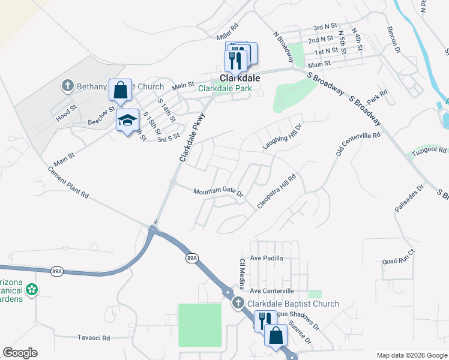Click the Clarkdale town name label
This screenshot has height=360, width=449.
tap(240, 78)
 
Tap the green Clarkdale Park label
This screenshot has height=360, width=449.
tap(225, 88)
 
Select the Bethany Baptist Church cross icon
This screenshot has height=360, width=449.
tap(68, 86)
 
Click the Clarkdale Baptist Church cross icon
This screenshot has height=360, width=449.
tap(238, 304)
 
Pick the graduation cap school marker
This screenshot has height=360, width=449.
tap(127, 121)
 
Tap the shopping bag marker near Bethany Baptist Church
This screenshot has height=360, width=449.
tap(120, 90)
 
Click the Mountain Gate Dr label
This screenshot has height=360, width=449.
tap(217, 192)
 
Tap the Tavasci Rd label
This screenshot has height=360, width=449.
tap(94, 338)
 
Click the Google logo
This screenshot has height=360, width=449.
tap(20, 353)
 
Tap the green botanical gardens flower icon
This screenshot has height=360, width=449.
tap(32, 290)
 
